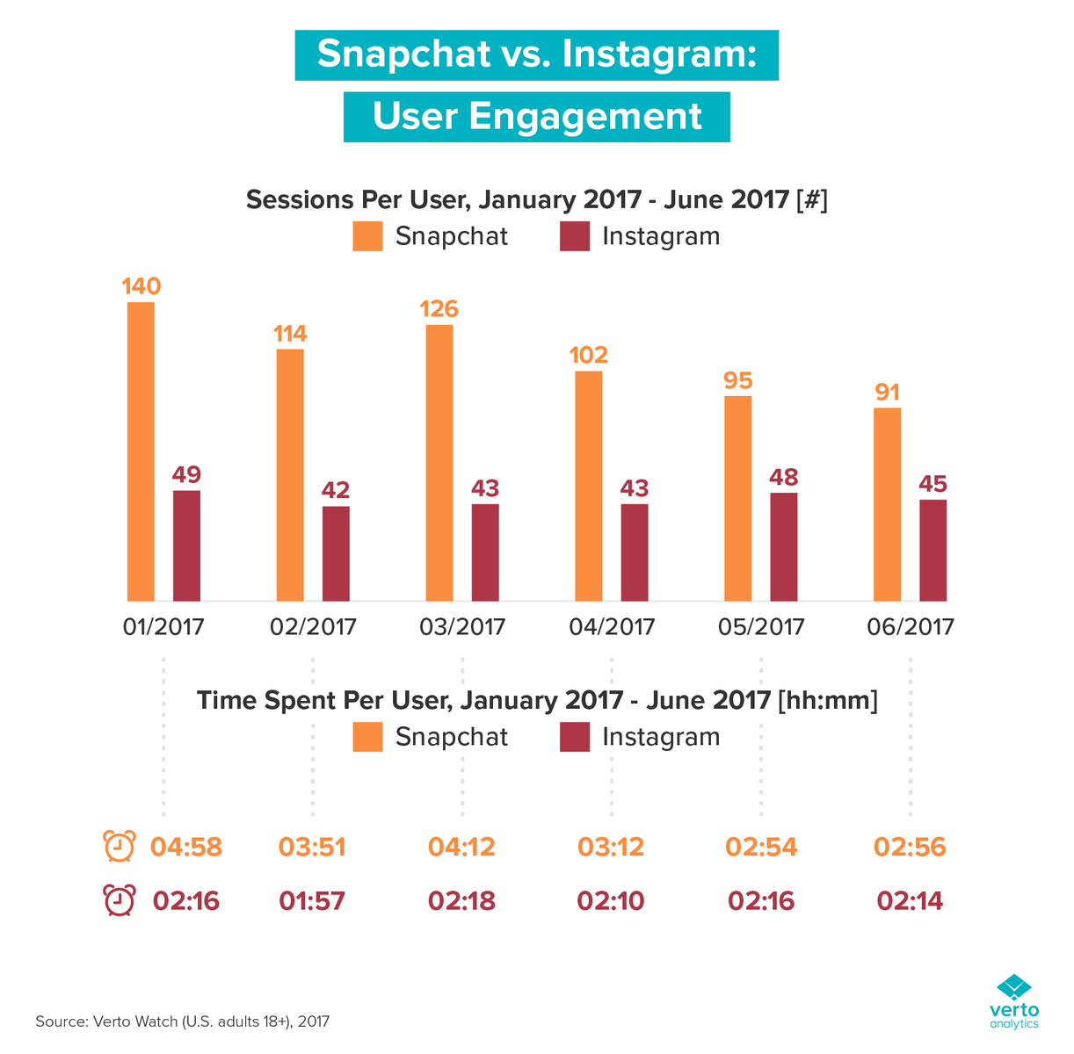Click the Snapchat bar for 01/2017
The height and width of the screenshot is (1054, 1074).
[141, 451]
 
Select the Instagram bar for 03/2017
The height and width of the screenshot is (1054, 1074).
[485, 552]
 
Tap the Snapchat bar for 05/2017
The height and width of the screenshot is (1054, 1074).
[738, 498]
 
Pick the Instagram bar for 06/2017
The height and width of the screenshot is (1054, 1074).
[933, 550]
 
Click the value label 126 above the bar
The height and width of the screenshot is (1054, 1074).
[439, 309]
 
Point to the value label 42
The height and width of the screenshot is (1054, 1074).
[336, 490]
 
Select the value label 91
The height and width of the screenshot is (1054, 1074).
[888, 392]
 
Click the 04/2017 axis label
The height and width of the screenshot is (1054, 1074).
[612, 627]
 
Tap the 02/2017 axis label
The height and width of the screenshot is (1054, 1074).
[313, 627]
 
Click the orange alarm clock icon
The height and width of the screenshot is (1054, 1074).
[120, 847]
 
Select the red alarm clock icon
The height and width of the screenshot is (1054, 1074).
[120, 901]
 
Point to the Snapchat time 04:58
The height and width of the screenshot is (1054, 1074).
[186, 848]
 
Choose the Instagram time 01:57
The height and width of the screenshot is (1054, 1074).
[312, 901]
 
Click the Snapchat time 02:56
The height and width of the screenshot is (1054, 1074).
[910, 848]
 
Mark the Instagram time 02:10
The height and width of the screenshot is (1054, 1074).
[611, 901]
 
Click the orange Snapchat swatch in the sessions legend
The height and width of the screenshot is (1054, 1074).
[368, 236]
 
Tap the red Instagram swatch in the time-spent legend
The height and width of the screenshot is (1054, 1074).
[575, 737]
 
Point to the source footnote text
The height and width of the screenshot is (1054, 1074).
[182, 1022]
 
